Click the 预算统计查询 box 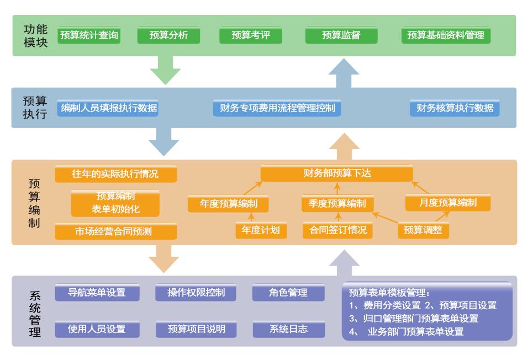tap(88, 35)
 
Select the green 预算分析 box tap(168, 35)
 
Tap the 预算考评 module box tap(251, 35)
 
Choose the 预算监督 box tap(341, 35)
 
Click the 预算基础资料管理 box tap(446, 35)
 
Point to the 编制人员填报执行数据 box tap(108, 108)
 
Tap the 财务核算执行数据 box tap(455, 108)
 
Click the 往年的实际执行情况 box tap(115, 174)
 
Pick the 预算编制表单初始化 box tap(115, 203)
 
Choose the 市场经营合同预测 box tap(115, 231)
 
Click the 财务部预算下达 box tap(337, 173)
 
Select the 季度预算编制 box tap(337, 203)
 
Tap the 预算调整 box tap(423, 230)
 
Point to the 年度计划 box tap(261, 230)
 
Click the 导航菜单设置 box tap(97, 293)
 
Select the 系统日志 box tap(288, 330)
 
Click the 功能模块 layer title tap(35, 35)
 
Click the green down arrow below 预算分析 tap(166, 70)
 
